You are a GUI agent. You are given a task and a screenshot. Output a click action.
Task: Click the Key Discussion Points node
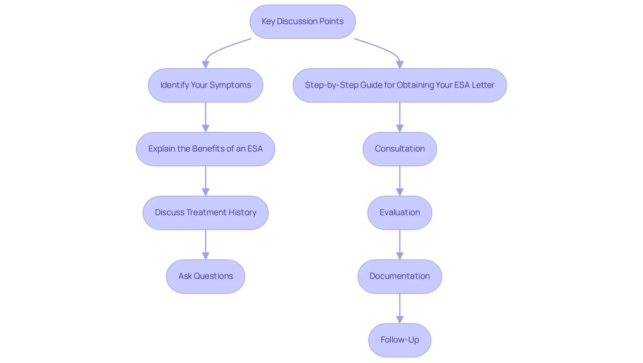(x=302, y=22)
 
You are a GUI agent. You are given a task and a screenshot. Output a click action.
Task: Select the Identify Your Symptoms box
(x=205, y=85)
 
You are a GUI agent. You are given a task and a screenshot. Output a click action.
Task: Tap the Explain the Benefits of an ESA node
(x=205, y=149)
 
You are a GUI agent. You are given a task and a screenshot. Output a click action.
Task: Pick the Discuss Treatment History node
(x=205, y=213)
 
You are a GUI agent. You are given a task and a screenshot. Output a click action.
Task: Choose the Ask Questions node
(x=205, y=277)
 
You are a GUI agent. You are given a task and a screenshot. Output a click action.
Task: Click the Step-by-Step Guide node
(x=400, y=85)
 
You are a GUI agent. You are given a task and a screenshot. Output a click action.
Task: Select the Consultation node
(x=400, y=149)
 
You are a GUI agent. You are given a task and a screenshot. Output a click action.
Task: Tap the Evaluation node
(x=400, y=213)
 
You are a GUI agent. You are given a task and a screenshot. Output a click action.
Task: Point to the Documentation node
(x=400, y=277)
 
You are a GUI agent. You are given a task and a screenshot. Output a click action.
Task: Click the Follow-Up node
(x=400, y=340)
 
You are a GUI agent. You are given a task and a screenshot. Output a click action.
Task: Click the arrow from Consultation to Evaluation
(x=400, y=181)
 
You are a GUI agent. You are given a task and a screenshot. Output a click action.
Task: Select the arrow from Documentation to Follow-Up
(x=400, y=308)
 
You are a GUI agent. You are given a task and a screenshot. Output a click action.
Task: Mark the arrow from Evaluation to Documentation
(x=400, y=245)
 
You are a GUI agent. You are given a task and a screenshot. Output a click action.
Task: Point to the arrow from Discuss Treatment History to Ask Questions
(x=205, y=245)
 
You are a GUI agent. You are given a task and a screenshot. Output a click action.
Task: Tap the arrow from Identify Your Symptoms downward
(x=205, y=117)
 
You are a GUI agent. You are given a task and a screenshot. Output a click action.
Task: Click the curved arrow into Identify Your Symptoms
(x=222, y=49)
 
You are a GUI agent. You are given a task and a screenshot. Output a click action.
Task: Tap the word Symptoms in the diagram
(x=230, y=85)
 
